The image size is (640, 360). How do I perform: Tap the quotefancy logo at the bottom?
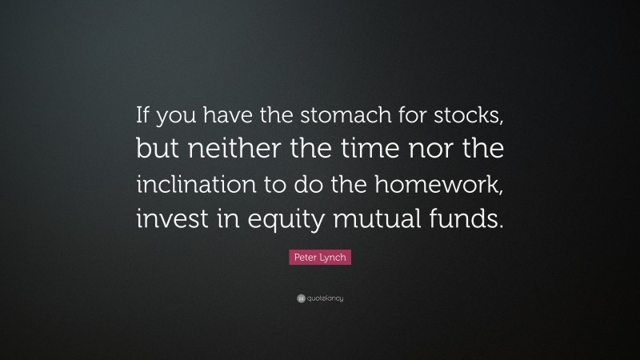click(319, 298)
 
